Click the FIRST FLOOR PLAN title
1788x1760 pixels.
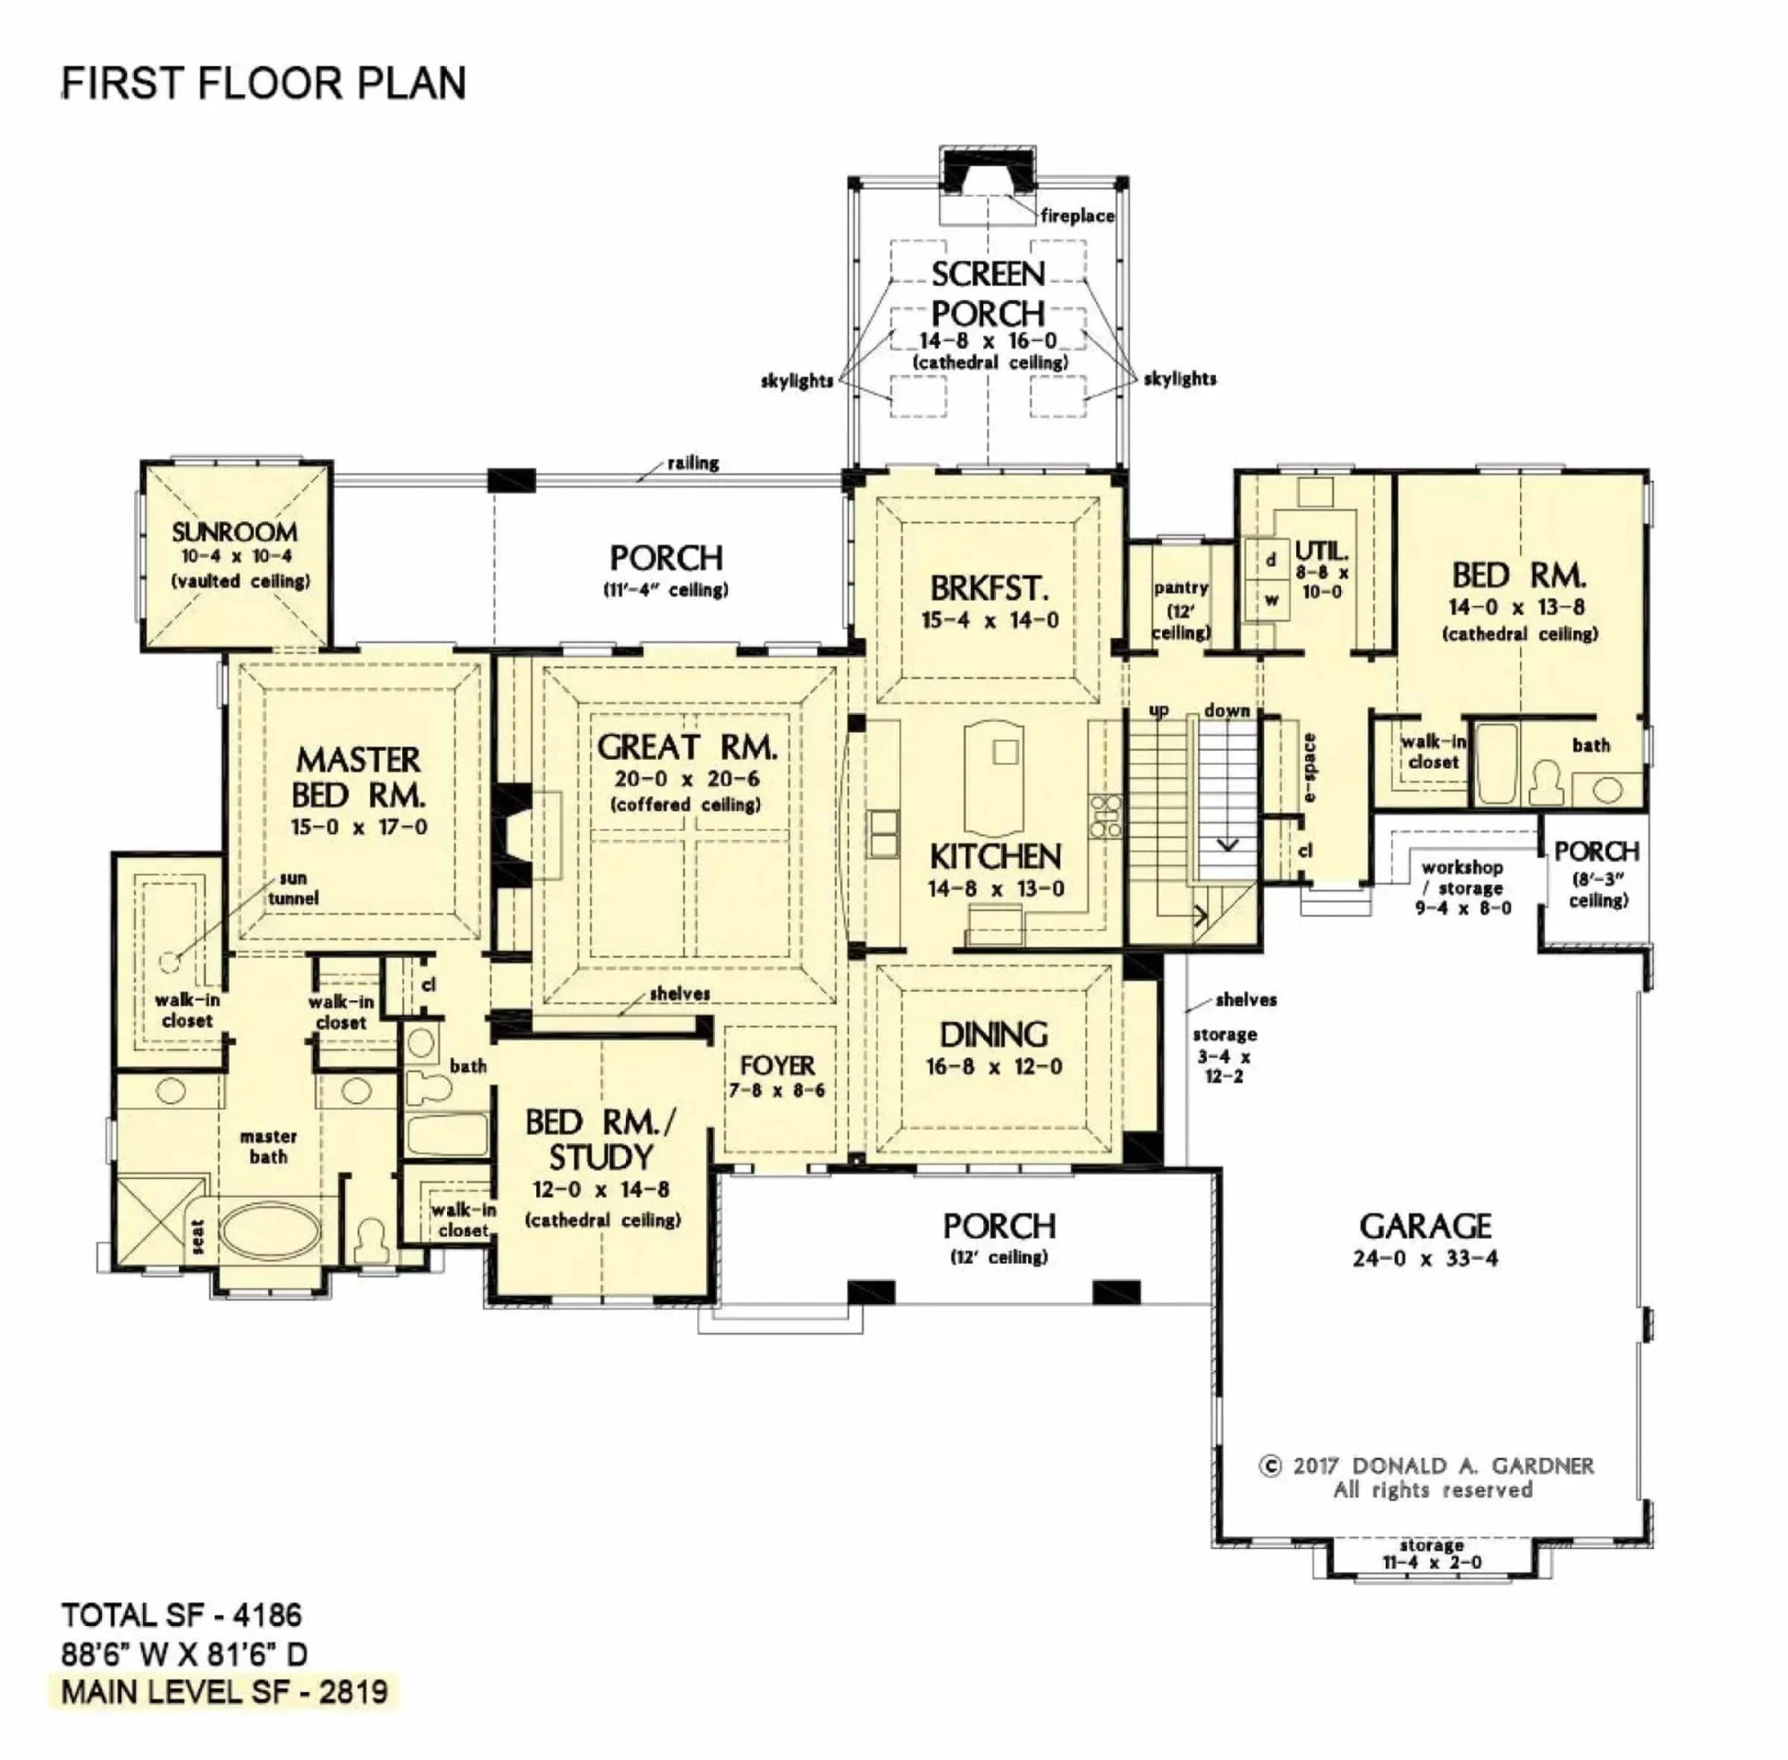(264, 83)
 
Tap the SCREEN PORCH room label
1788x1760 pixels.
(987, 293)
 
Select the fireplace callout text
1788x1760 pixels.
(1077, 216)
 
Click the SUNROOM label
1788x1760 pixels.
(235, 533)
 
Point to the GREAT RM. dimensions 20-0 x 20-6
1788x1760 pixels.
(687, 779)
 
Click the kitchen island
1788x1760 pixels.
(993, 777)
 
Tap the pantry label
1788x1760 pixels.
(1181, 588)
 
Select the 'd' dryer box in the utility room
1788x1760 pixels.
(1270, 560)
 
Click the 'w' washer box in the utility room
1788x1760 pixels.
(1271, 600)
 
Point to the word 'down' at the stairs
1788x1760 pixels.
(1227, 710)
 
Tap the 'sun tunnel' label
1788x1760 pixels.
(293, 888)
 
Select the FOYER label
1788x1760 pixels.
(778, 1065)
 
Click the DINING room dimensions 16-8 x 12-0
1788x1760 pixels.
(994, 1066)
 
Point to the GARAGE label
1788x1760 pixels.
(1425, 1226)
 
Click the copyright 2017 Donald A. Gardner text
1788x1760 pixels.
(1426, 1466)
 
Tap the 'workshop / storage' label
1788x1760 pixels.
(1462, 877)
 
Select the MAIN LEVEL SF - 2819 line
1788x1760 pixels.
(224, 1693)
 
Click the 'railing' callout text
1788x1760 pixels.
(694, 463)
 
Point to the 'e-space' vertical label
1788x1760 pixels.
(1309, 767)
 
